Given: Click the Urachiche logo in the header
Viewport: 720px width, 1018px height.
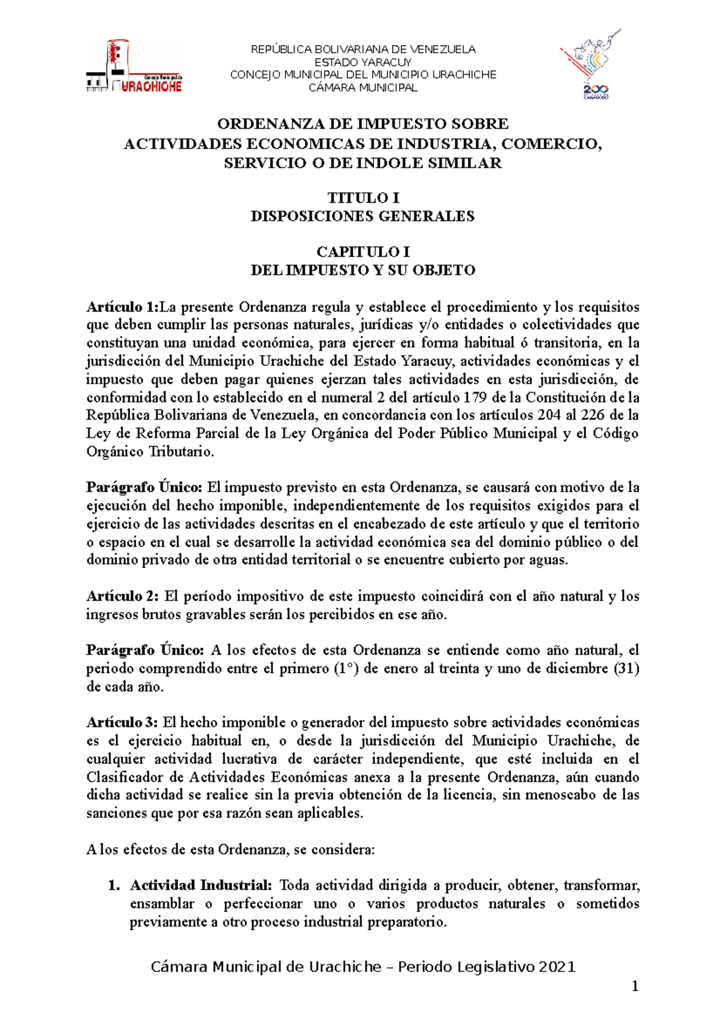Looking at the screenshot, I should click(x=134, y=67).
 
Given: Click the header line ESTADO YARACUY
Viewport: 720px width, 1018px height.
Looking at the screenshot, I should click(x=363, y=62).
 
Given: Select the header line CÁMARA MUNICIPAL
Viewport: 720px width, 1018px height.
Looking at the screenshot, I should click(x=363, y=88).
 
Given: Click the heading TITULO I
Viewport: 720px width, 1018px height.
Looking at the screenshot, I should click(x=363, y=198).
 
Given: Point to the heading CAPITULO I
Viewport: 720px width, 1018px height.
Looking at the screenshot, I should click(x=363, y=252).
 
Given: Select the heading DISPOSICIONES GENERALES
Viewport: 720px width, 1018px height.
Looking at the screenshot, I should click(x=363, y=216).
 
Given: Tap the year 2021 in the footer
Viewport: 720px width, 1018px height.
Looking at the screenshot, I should click(x=557, y=967).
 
